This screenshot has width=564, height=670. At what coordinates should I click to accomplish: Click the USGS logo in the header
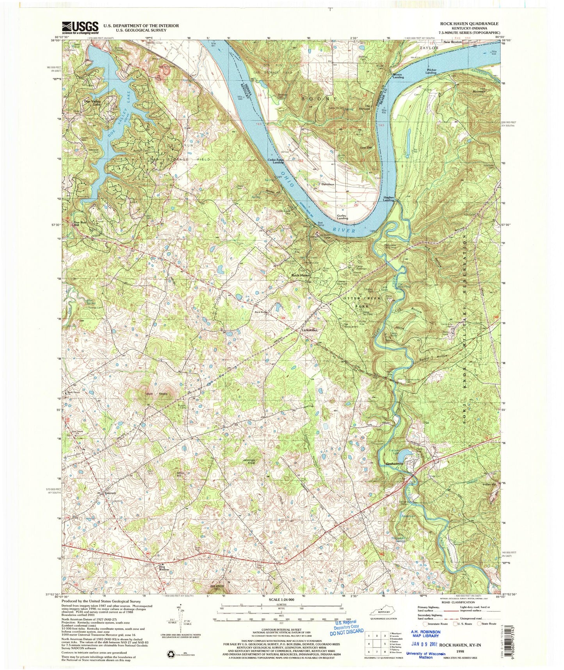point(80,27)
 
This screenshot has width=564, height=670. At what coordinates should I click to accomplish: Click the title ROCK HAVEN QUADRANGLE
point(469,24)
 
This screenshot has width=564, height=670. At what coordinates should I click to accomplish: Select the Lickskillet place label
point(310,330)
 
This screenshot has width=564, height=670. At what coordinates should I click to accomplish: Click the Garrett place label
point(111,493)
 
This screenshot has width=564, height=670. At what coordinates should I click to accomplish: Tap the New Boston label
point(452,42)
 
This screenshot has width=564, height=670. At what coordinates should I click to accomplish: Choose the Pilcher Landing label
point(431,71)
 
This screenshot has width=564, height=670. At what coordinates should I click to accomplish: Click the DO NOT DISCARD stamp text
point(347,631)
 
